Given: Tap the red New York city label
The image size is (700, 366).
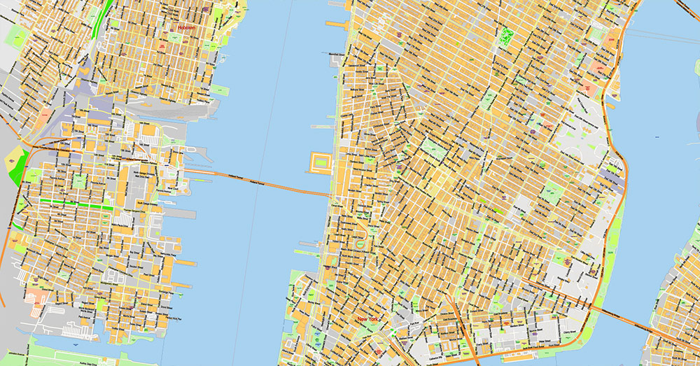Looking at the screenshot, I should (x=371, y=320).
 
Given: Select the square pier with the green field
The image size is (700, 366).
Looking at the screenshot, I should (x=319, y=163).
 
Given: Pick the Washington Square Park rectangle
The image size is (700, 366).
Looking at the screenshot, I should (x=433, y=150).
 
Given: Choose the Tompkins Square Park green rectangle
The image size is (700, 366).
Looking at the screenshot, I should (x=553, y=191).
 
